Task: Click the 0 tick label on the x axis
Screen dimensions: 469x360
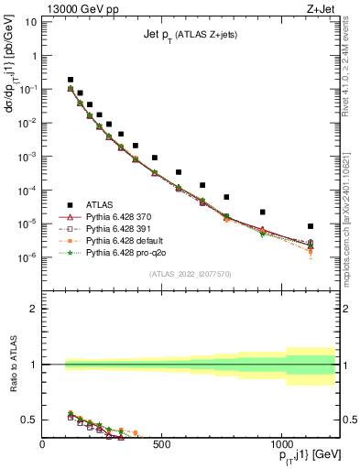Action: coord(43,445)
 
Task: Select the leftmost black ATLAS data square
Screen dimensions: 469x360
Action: coord(71,80)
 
